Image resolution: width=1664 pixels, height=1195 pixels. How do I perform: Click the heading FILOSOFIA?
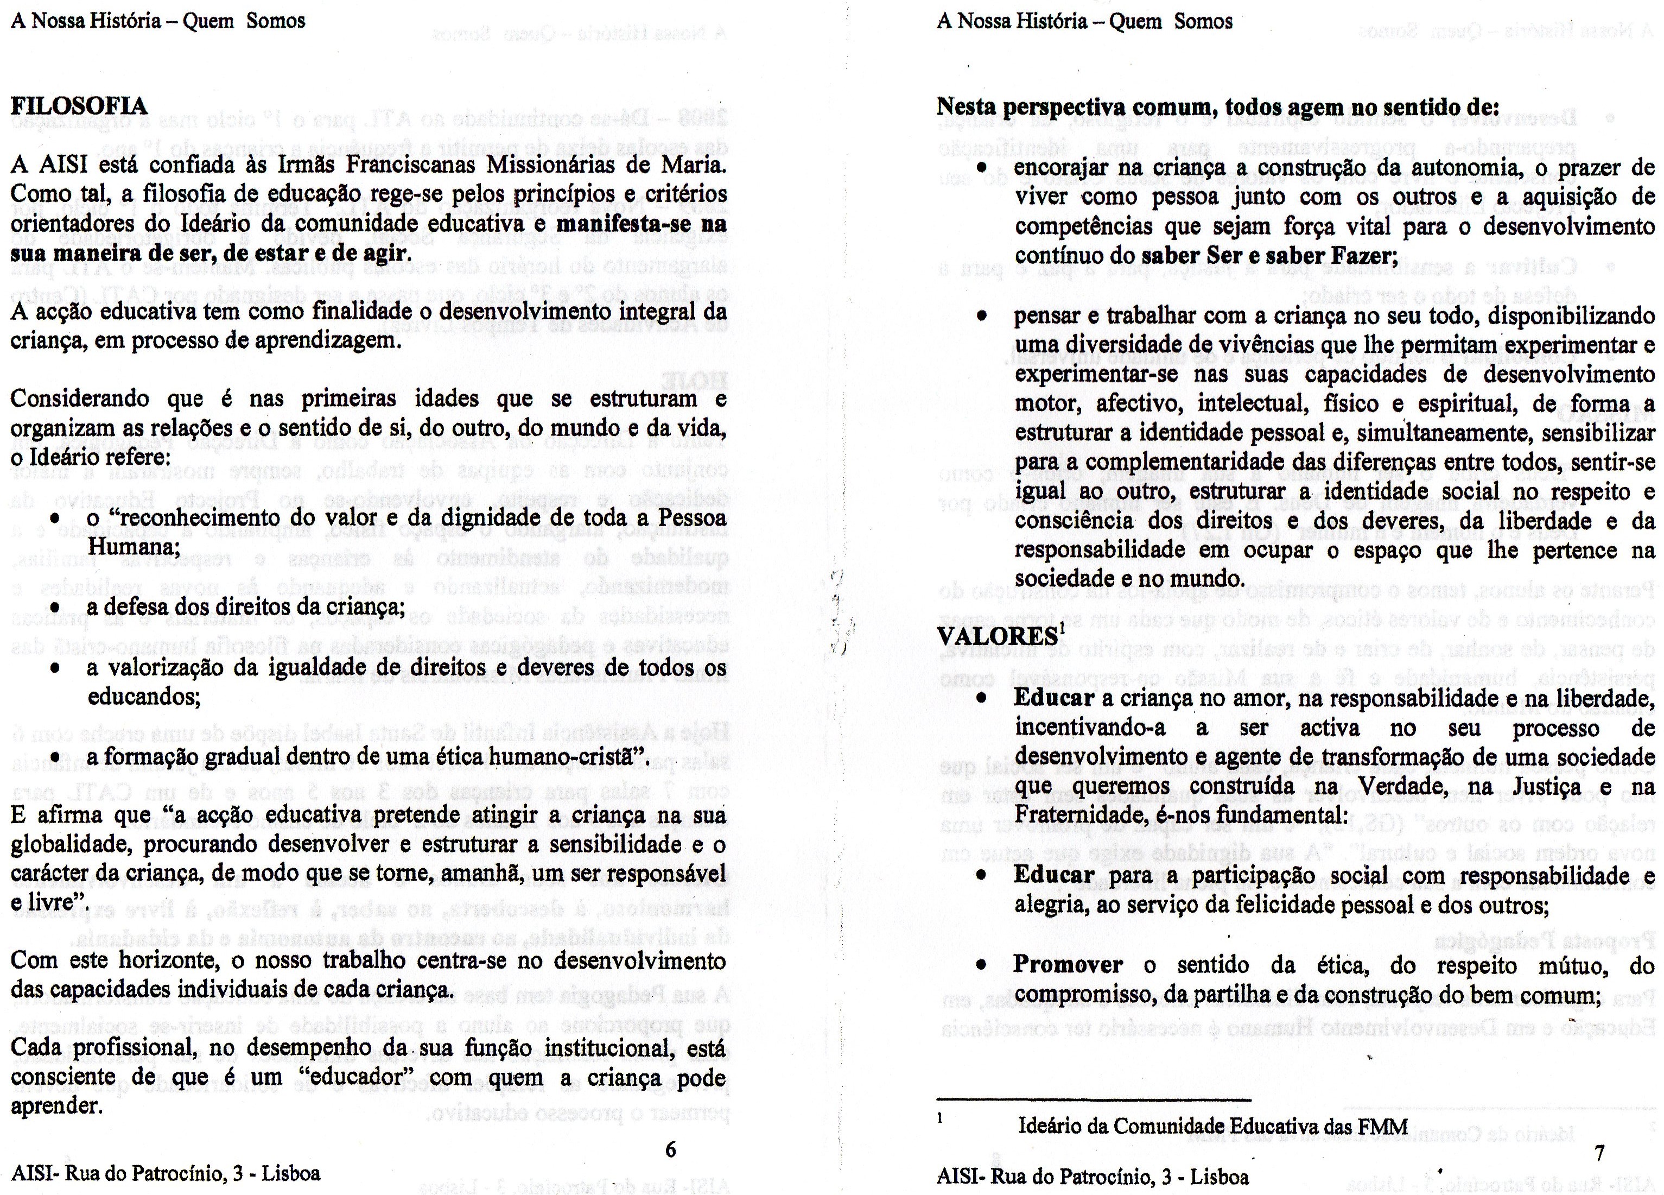79,107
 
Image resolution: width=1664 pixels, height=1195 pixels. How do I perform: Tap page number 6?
670,1149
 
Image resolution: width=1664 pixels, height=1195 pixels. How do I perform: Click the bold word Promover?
1068,964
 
